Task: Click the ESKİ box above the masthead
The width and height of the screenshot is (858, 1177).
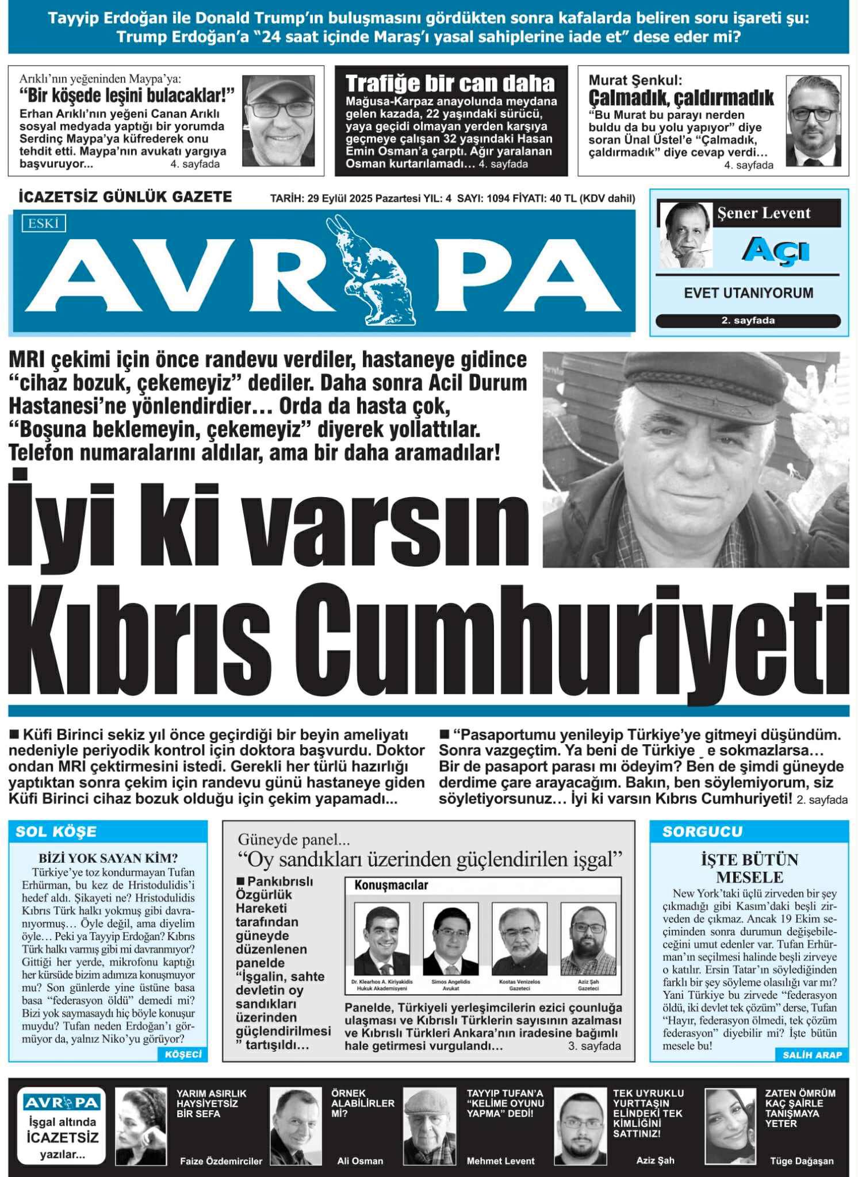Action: point(43,223)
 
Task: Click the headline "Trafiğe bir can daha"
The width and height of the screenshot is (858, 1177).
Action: point(450,84)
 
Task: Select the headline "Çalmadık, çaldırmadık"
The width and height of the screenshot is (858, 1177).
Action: point(681,97)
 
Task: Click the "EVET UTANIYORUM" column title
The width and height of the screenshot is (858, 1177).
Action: point(748,293)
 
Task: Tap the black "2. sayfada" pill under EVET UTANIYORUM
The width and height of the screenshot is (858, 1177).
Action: point(748,321)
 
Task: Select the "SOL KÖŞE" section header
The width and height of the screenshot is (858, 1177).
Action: point(56,832)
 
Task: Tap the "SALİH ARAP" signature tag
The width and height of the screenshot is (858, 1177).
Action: point(812,1055)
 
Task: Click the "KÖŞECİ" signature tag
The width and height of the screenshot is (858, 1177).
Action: point(183,1054)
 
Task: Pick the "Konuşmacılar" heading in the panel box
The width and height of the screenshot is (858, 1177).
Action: point(391,886)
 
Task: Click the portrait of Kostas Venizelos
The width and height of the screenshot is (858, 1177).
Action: point(520,938)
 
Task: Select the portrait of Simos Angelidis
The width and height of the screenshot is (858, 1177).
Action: point(450,938)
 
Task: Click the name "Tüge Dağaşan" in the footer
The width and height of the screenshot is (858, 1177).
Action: point(801,1161)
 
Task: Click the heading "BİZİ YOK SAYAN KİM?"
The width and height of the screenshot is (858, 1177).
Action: point(108,858)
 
